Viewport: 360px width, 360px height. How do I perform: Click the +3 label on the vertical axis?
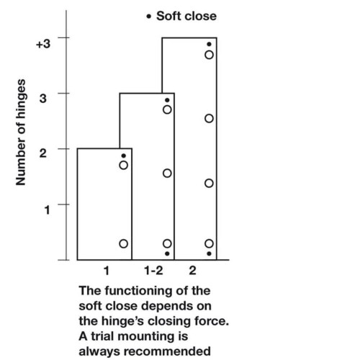point(43,44)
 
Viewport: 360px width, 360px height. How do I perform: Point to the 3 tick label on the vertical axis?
point(43,98)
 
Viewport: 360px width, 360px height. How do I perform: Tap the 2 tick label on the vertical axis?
point(43,153)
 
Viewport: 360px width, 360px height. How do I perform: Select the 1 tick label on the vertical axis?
point(47,210)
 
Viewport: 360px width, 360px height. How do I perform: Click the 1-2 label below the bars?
point(153,271)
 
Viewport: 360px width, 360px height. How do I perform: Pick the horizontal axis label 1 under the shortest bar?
point(107,271)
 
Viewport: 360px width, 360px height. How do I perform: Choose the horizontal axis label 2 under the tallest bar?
point(193,271)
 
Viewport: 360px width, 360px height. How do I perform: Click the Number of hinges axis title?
point(21,132)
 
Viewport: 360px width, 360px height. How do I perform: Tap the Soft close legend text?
point(186,17)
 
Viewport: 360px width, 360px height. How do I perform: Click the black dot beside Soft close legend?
point(149,17)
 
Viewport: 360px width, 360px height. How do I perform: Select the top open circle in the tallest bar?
point(209,55)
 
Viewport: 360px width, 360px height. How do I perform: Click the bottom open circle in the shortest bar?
point(123,243)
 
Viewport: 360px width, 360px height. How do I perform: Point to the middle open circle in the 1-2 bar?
point(167,173)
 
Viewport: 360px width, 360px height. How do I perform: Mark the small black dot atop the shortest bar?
point(124,156)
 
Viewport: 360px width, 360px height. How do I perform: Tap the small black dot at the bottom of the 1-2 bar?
point(167,253)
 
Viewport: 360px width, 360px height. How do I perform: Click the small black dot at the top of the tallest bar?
point(209,44)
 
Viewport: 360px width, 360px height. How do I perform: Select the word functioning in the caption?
point(139,291)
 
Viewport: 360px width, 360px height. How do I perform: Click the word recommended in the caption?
point(167,351)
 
